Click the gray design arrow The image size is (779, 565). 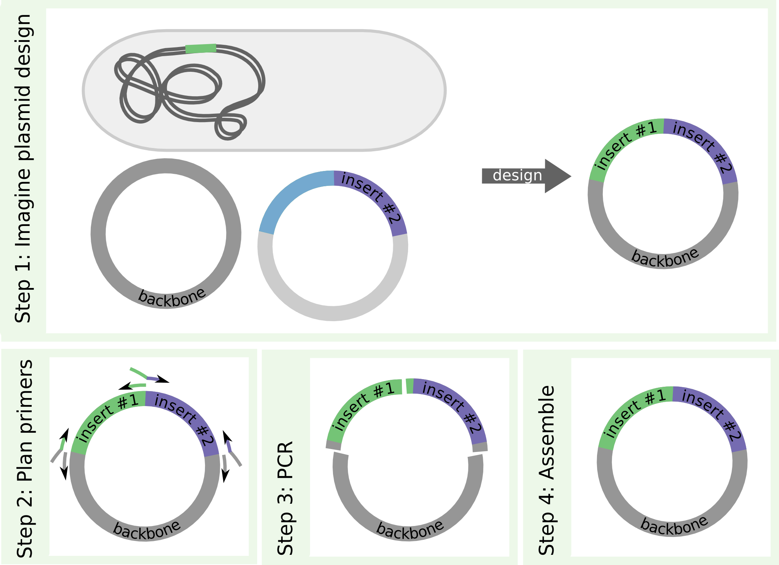[525, 176]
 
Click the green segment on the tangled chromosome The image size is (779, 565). [201, 48]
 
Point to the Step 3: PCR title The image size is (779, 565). [285, 498]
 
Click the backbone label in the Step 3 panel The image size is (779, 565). [410, 530]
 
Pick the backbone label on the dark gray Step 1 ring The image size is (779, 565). [171, 298]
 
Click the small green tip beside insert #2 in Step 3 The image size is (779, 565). [410, 386]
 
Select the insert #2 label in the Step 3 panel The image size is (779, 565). [453, 406]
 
